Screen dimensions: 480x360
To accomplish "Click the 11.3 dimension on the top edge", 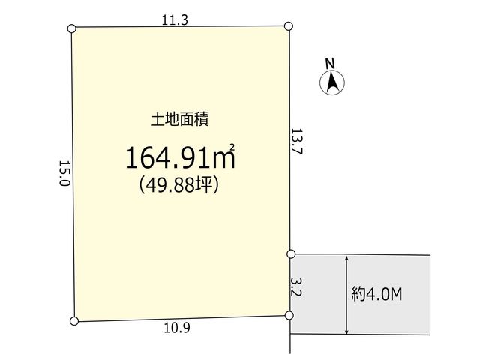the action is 175,20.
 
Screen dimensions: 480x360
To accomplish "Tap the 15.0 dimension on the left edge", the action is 64,173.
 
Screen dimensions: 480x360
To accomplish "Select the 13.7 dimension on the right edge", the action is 296,141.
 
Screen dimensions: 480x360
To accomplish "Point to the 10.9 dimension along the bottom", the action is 177,328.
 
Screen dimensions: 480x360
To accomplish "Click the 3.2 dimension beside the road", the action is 297,287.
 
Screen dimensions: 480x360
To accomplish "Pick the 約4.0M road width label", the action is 376,294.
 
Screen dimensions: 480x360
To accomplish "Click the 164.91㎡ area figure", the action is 180,157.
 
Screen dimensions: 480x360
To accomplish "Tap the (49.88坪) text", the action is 179,185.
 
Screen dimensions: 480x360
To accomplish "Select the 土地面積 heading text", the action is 180,119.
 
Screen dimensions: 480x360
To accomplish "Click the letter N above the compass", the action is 330,64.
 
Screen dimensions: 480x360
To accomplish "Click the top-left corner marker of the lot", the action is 71,28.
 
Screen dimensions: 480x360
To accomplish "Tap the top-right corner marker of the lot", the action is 289,26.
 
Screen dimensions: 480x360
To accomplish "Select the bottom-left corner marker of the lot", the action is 74,321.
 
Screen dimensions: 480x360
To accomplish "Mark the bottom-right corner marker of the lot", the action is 289,315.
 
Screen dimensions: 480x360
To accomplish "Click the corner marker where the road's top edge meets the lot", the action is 291,253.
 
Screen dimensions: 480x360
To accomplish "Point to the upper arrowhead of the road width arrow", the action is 346,258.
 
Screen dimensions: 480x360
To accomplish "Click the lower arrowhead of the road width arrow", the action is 346,331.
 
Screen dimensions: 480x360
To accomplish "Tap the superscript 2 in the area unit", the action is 232,147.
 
